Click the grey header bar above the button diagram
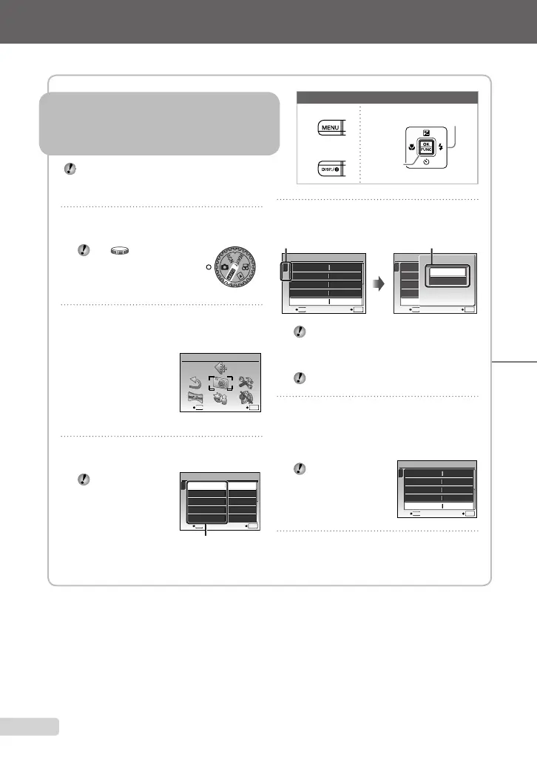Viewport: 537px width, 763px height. click(387, 97)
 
